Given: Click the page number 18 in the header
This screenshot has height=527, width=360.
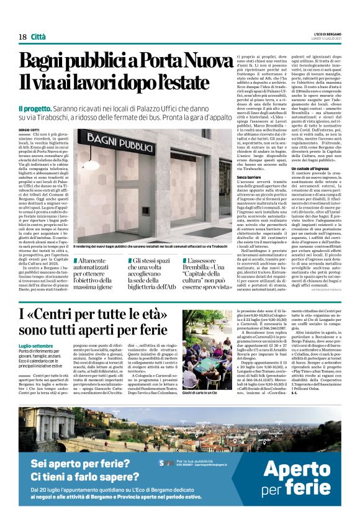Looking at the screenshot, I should [23, 37].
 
